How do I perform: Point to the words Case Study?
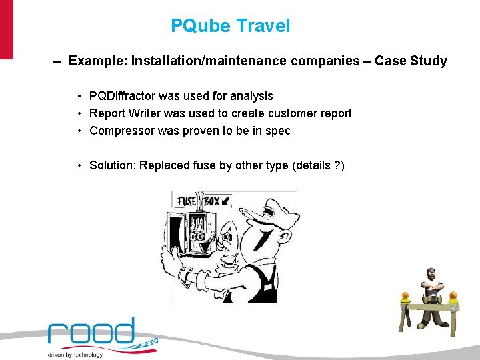tap(411, 61)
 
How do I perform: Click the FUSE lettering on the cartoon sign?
tap(187, 201)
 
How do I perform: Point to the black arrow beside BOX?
tap(227, 200)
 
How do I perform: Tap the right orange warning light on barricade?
tap(455, 296)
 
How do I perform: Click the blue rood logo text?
tap(91, 333)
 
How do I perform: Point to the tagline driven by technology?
tap(75, 355)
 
